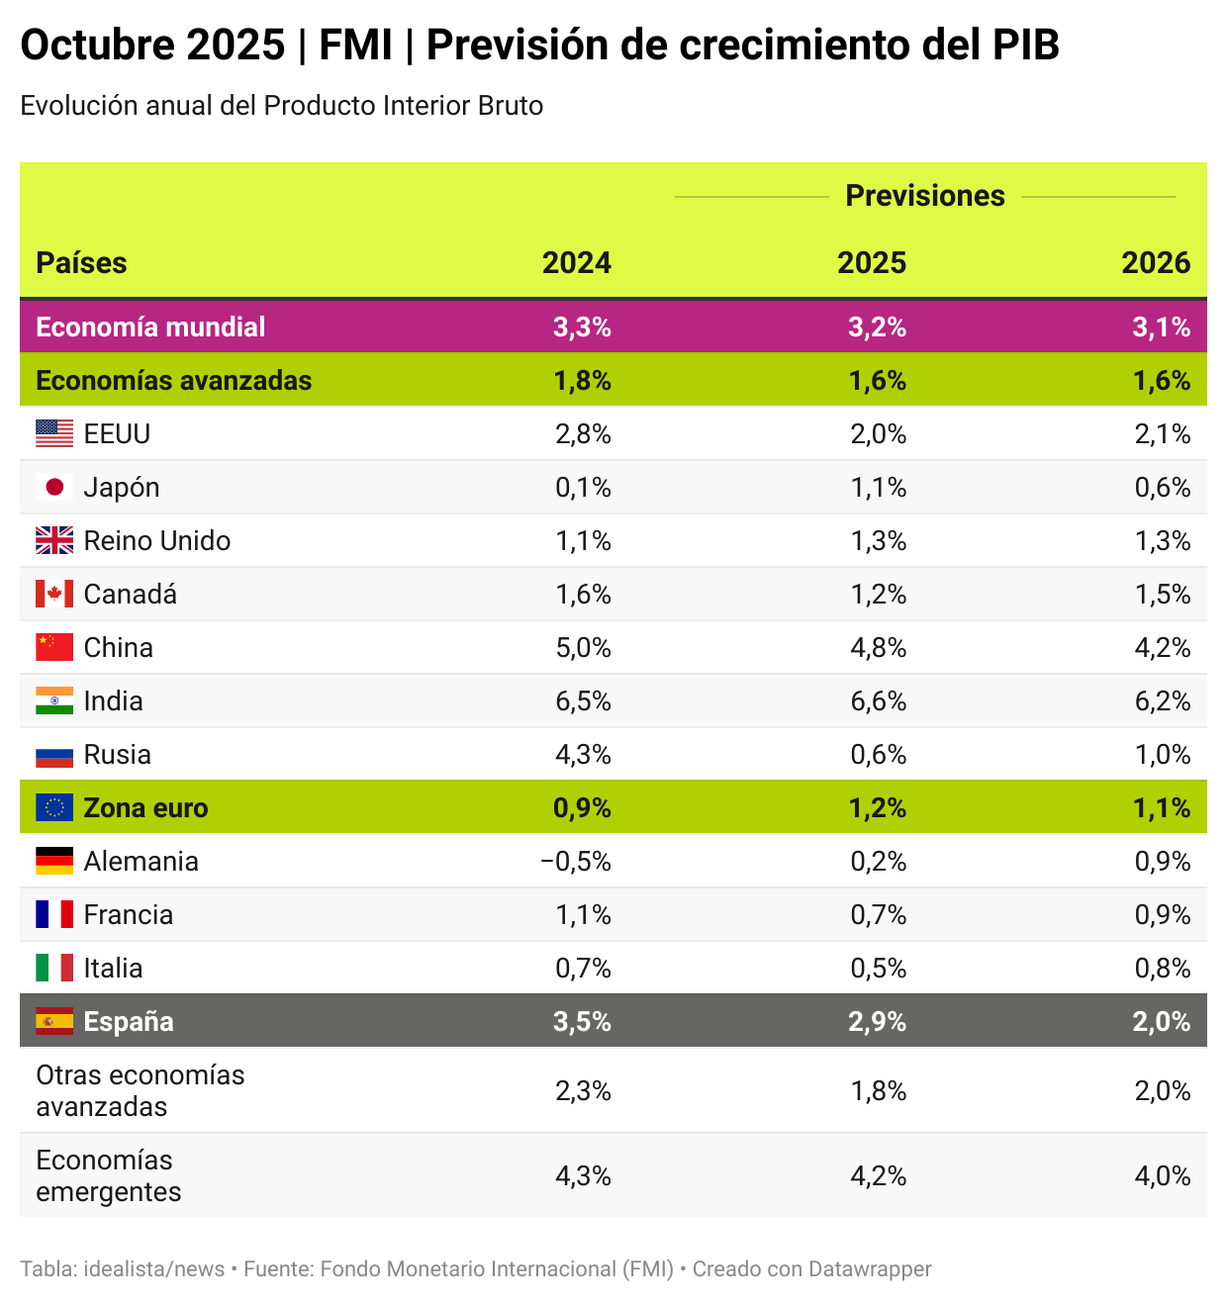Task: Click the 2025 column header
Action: [x=871, y=263]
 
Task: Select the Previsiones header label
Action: [x=924, y=196]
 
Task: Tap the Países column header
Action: [x=81, y=263]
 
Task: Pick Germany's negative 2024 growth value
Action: [x=575, y=862]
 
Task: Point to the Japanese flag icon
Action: [x=54, y=488]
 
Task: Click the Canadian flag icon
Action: [x=54, y=595]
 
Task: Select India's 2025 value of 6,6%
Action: [x=878, y=701]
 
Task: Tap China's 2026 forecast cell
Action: [x=1162, y=648]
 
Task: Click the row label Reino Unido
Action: [x=156, y=541]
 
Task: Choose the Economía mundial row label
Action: [x=150, y=327]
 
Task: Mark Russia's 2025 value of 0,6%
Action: [x=878, y=755]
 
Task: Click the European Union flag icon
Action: [x=54, y=808]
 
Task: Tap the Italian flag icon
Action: [x=54, y=969]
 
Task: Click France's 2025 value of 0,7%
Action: [x=878, y=915]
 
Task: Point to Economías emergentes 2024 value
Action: [x=582, y=1176]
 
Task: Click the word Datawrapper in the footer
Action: [x=870, y=1269]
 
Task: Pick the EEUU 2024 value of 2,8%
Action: [x=582, y=434]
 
